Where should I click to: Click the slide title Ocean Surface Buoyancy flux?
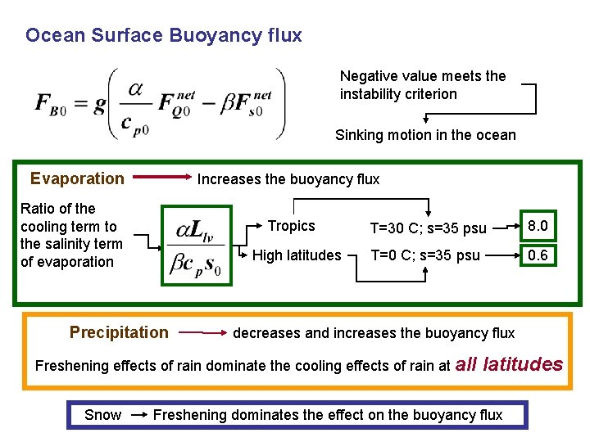[164, 35]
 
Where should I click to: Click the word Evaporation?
[77, 178]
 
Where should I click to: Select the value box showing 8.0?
[538, 225]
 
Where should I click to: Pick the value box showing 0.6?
[538, 255]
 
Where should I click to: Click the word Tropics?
[291, 226]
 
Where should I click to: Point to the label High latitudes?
[297, 255]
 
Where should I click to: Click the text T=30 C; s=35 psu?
[428, 228]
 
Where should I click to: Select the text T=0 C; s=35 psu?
[425, 255]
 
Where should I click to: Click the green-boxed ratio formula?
[197, 243]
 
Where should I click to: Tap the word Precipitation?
[119, 332]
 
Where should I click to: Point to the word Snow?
[102, 415]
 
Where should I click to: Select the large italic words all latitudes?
[509, 364]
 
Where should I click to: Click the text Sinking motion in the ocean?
[425, 135]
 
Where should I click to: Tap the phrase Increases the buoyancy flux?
[288, 179]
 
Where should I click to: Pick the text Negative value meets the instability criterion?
[423, 85]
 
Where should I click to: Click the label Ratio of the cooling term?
[71, 235]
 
